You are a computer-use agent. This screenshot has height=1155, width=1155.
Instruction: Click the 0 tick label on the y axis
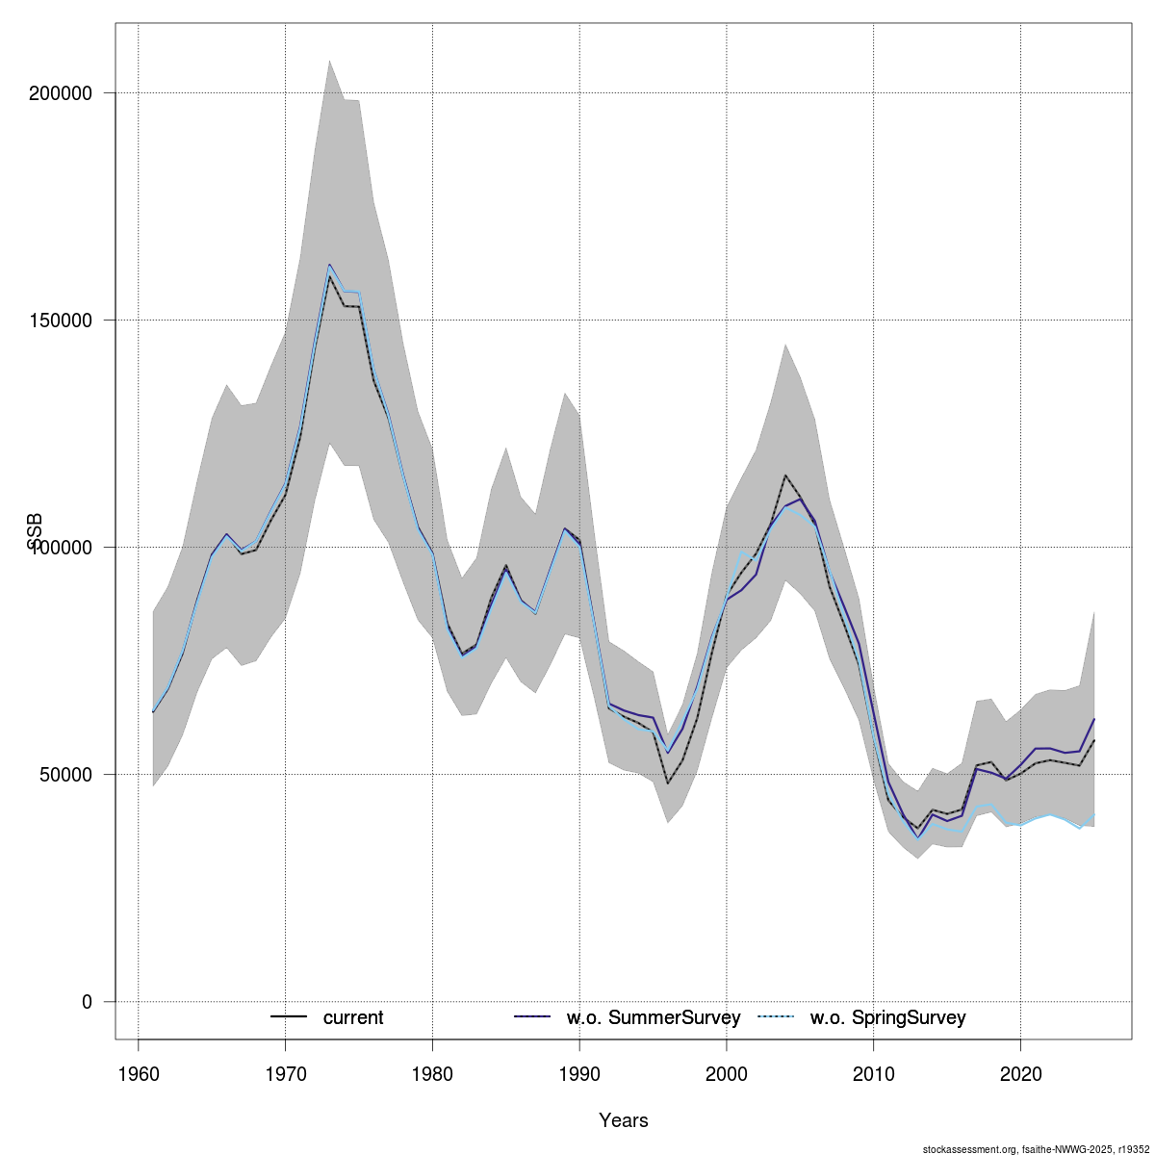coord(87,1002)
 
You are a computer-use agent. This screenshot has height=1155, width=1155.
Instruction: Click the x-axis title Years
coord(624,1120)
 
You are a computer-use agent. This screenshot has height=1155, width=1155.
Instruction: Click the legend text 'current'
coord(353,1017)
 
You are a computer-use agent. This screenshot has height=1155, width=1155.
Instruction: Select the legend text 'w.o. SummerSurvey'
coord(654,1017)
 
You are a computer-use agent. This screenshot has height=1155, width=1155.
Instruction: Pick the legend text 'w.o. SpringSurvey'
coord(887,1017)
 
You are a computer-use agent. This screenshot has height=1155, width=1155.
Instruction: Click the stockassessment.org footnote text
coord(1036,1149)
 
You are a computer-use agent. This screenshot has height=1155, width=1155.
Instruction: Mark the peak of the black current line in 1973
coord(329,276)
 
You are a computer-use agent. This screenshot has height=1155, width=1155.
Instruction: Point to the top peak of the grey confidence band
coord(329,60)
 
